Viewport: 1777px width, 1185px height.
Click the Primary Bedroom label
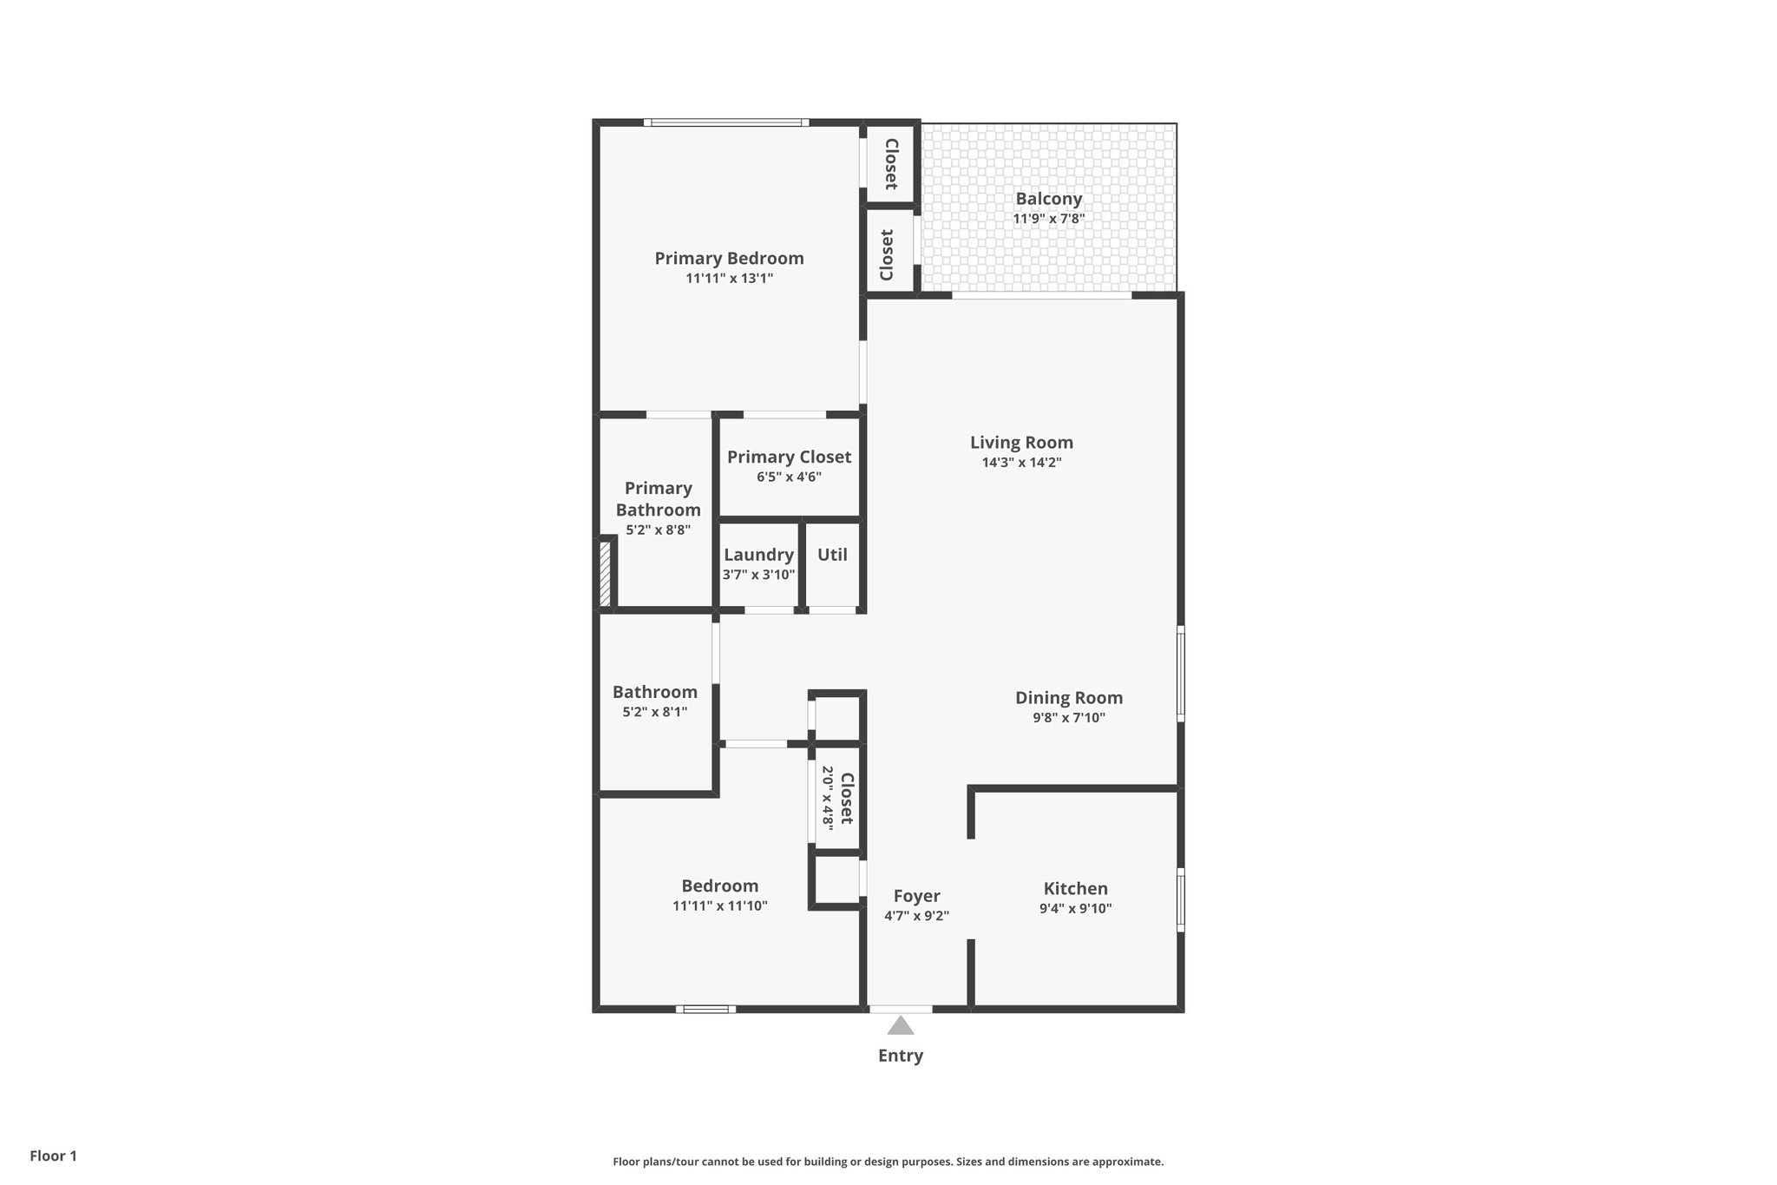(x=729, y=258)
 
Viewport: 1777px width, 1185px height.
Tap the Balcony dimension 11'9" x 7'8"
(x=1048, y=219)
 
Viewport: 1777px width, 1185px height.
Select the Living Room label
(x=1021, y=443)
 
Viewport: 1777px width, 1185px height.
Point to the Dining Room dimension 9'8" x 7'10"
(x=1068, y=718)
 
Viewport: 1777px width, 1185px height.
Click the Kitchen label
(x=1075, y=889)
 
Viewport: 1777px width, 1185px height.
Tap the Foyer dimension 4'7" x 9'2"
(x=916, y=915)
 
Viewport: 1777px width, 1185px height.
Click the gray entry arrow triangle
(x=900, y=1026)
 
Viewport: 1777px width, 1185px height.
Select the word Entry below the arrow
(x=900, y=1056)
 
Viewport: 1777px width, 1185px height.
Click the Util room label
(x=832, y=555)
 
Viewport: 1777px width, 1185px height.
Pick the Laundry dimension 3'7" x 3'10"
(x=758, y=574)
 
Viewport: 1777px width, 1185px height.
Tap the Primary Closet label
(x=789, y=457)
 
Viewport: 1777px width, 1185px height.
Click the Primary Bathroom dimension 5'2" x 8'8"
(x=658, y=530)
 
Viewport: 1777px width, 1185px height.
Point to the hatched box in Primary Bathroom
(x=606, y=574)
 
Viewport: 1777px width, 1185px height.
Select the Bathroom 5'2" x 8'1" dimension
(x=654, y=712)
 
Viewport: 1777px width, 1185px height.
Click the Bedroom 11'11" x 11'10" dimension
(x=719, y=905)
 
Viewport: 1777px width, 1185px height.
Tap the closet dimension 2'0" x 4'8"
(x=827, y=796)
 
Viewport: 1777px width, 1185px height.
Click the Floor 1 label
(x=53, y=1155)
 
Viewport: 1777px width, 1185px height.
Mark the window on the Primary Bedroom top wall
(x=726, y=122)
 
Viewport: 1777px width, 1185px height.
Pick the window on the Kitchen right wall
(x=1180, y=900)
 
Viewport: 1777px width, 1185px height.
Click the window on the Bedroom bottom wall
(x=705, y=1009)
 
